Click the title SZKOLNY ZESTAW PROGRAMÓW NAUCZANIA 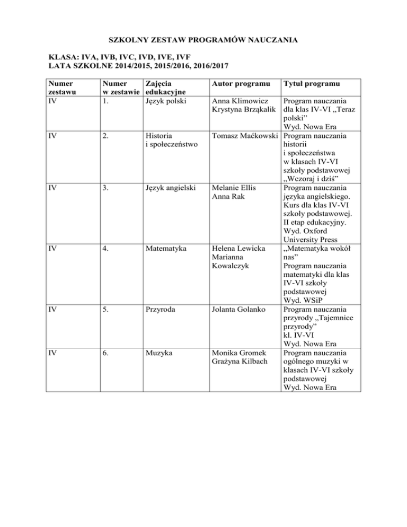pos(203,39)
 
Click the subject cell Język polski pos(166,101)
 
